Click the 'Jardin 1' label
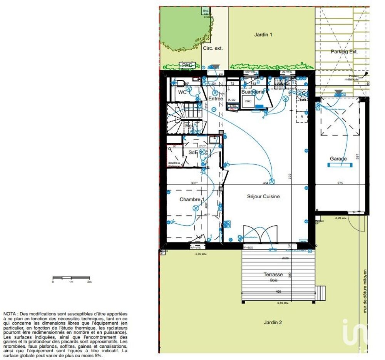point(263,35)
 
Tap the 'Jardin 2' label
point(273,322)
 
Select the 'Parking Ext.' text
point(344,52)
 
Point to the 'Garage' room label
point(338,159)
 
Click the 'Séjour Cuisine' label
point(263,196)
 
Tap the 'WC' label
point(182,92)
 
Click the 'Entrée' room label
point(216,99)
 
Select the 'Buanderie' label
point(253,92)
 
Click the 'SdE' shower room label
point(192,152)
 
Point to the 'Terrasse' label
point(273,275)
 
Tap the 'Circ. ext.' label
point(213,49)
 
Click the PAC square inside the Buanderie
point(248,101)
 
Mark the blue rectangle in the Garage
point(340,165)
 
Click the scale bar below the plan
point(71,278)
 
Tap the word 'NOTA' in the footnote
point(10,314)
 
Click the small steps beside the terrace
point(320,293)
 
